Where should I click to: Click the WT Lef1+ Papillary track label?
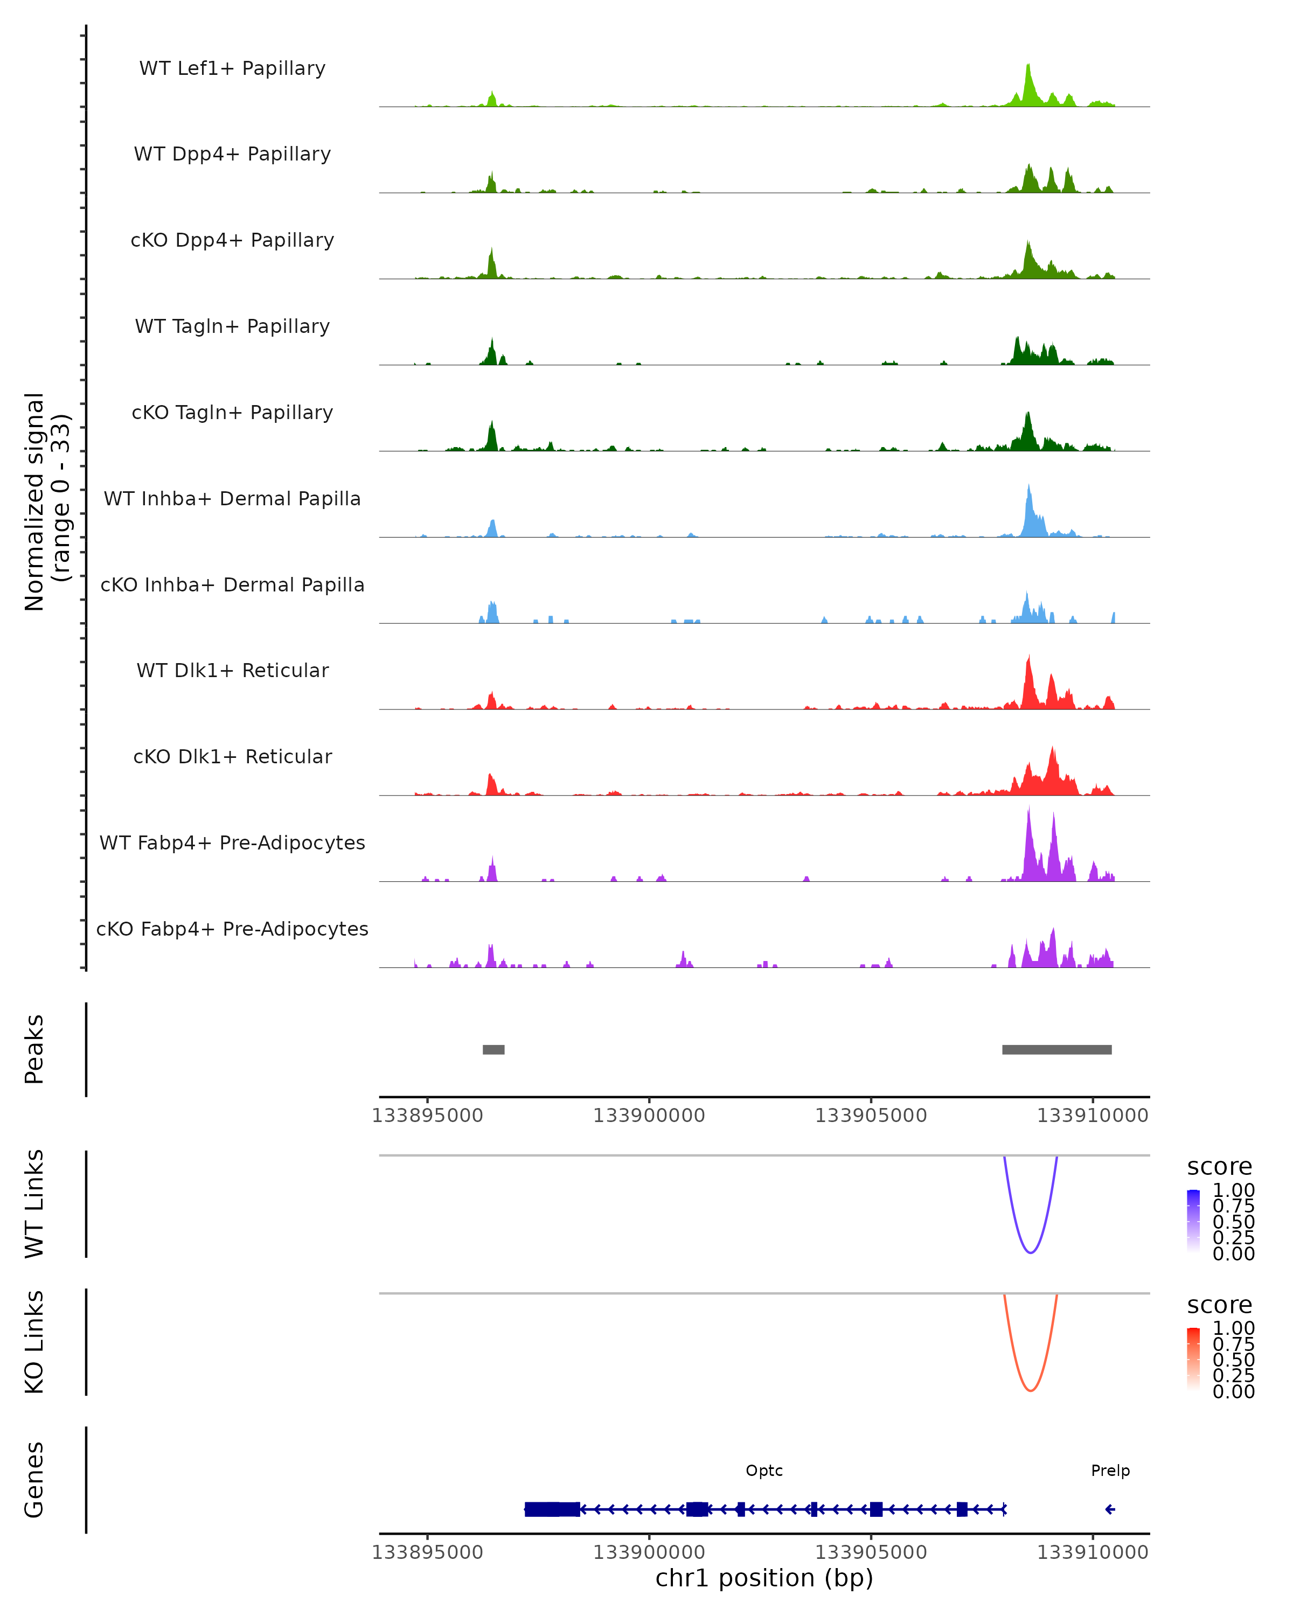pyautogui.click(x=232, y=68)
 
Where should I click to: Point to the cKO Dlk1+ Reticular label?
pyautogui.click(x=232, y=756)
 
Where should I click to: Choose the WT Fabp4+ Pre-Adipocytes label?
pyautogui.click(x=232, y=842)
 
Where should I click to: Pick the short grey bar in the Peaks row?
pyautogui.click(x=493, y=1049)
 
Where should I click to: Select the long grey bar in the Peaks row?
pyautogui.click(x=1057, y=1049)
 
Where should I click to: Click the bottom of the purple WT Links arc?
pyautogui.click(x=1031, y=1252)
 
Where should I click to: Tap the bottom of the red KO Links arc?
pyautogui.click(x=1031, y=1390)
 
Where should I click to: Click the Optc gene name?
pyautogui.click(x=764, y=1471)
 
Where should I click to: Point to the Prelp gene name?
pyautogui.click(x=1110, y=1471)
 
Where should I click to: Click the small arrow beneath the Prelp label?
pyautogui.click(x=1110, y=1509)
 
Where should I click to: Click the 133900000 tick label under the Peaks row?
pyautogui.click(x=649, y=1116)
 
